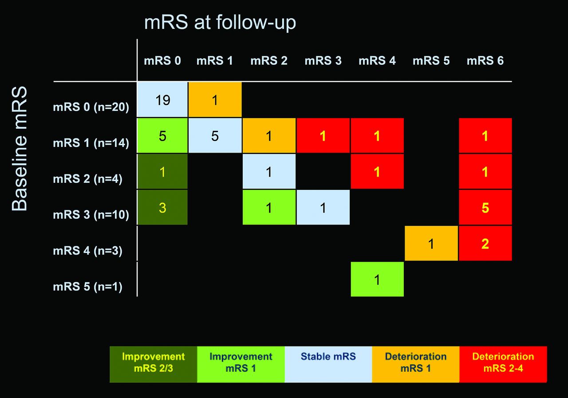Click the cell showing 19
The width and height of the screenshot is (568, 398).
162,100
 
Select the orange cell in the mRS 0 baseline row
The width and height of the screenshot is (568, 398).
215,100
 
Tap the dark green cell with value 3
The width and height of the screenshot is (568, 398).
162,207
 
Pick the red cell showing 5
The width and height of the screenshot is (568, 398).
485,207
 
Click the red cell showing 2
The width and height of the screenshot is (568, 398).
485,243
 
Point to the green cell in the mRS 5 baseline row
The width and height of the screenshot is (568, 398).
377,280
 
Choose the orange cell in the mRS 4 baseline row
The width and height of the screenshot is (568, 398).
431,243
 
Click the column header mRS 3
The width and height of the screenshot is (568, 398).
323,61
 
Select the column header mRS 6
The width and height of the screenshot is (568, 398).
485,61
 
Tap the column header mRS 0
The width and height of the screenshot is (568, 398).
162,61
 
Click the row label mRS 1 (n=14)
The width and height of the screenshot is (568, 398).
91,143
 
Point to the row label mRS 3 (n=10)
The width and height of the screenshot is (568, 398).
91,215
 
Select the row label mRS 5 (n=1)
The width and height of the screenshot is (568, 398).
87,287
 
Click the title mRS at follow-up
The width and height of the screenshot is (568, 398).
220,22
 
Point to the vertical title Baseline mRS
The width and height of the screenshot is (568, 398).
20,149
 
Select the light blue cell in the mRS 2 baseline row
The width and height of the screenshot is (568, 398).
269,171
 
